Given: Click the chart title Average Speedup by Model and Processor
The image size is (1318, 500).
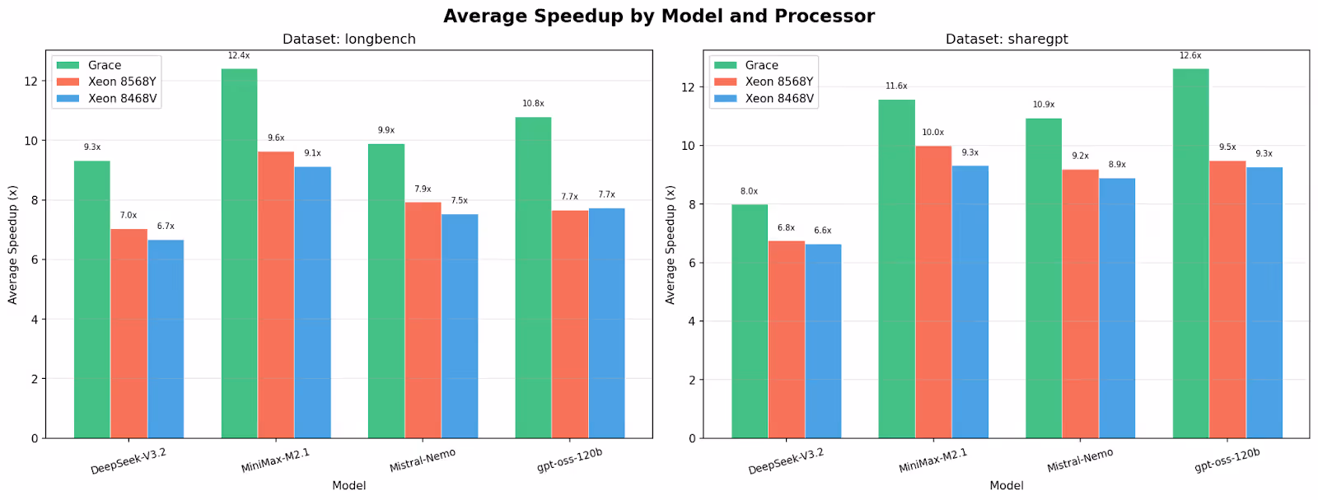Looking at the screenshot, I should (x=658, y=16).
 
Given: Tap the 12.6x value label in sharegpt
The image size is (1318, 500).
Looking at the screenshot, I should (x=1190, y=56).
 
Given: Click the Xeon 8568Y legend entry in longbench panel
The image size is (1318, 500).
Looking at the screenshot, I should (x=122, y=82).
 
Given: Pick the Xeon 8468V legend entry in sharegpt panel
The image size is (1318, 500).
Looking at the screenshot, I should (x=778, y=98).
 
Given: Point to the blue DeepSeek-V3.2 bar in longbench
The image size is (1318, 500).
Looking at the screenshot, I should (x=166, y=339).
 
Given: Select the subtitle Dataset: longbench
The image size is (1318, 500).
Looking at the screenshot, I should (x=348, y=39).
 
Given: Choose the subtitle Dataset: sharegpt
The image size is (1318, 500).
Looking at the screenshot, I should (x=1006, y=39).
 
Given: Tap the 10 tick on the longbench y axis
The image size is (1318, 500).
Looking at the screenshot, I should (x=31, y=141).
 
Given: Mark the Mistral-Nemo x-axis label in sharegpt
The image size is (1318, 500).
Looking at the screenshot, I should (x=1079, y=460).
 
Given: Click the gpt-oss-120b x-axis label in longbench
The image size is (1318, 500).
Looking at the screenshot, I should (x=569, y=460).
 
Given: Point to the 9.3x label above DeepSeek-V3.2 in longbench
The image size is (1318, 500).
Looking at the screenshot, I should (x=92, y=147).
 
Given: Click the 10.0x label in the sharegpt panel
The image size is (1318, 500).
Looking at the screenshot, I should (x=932, y=133).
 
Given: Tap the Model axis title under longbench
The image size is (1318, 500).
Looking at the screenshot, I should (x=348, y=485).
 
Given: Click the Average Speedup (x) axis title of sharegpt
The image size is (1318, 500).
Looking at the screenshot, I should (x=671, y=245).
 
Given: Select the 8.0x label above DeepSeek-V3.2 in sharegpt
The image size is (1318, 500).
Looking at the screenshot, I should (x=749, y=191).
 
